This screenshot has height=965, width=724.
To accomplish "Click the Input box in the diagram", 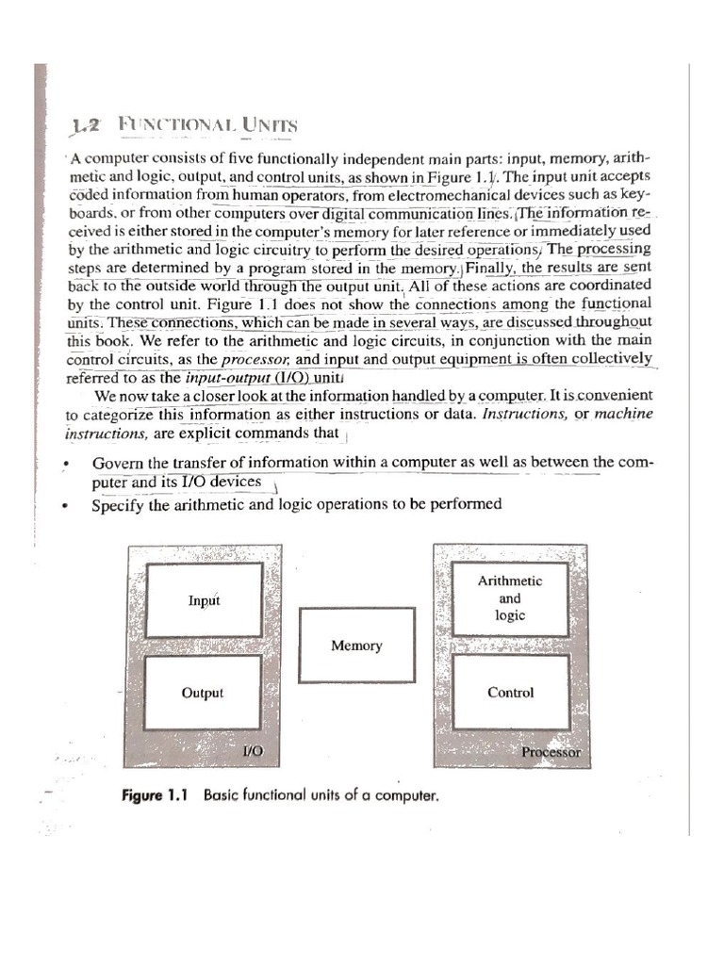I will click(204, 600).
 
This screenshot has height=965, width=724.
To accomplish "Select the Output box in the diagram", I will click(203, 694).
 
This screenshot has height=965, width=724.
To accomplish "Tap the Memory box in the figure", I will click(356, 646).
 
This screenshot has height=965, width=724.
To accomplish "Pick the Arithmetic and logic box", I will click(510, 598).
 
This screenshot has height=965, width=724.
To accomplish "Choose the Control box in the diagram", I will click(510, 693).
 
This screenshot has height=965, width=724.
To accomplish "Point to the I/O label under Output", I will click(253, 752).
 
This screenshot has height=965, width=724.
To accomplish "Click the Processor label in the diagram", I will click(551, 753).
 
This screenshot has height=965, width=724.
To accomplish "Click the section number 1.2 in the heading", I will click(91, 125).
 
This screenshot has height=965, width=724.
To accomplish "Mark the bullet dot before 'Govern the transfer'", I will click(65, 466).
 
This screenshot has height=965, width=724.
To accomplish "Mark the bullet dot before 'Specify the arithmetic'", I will click(65, 506).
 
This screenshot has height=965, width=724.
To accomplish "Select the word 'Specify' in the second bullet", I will click(118, 504).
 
